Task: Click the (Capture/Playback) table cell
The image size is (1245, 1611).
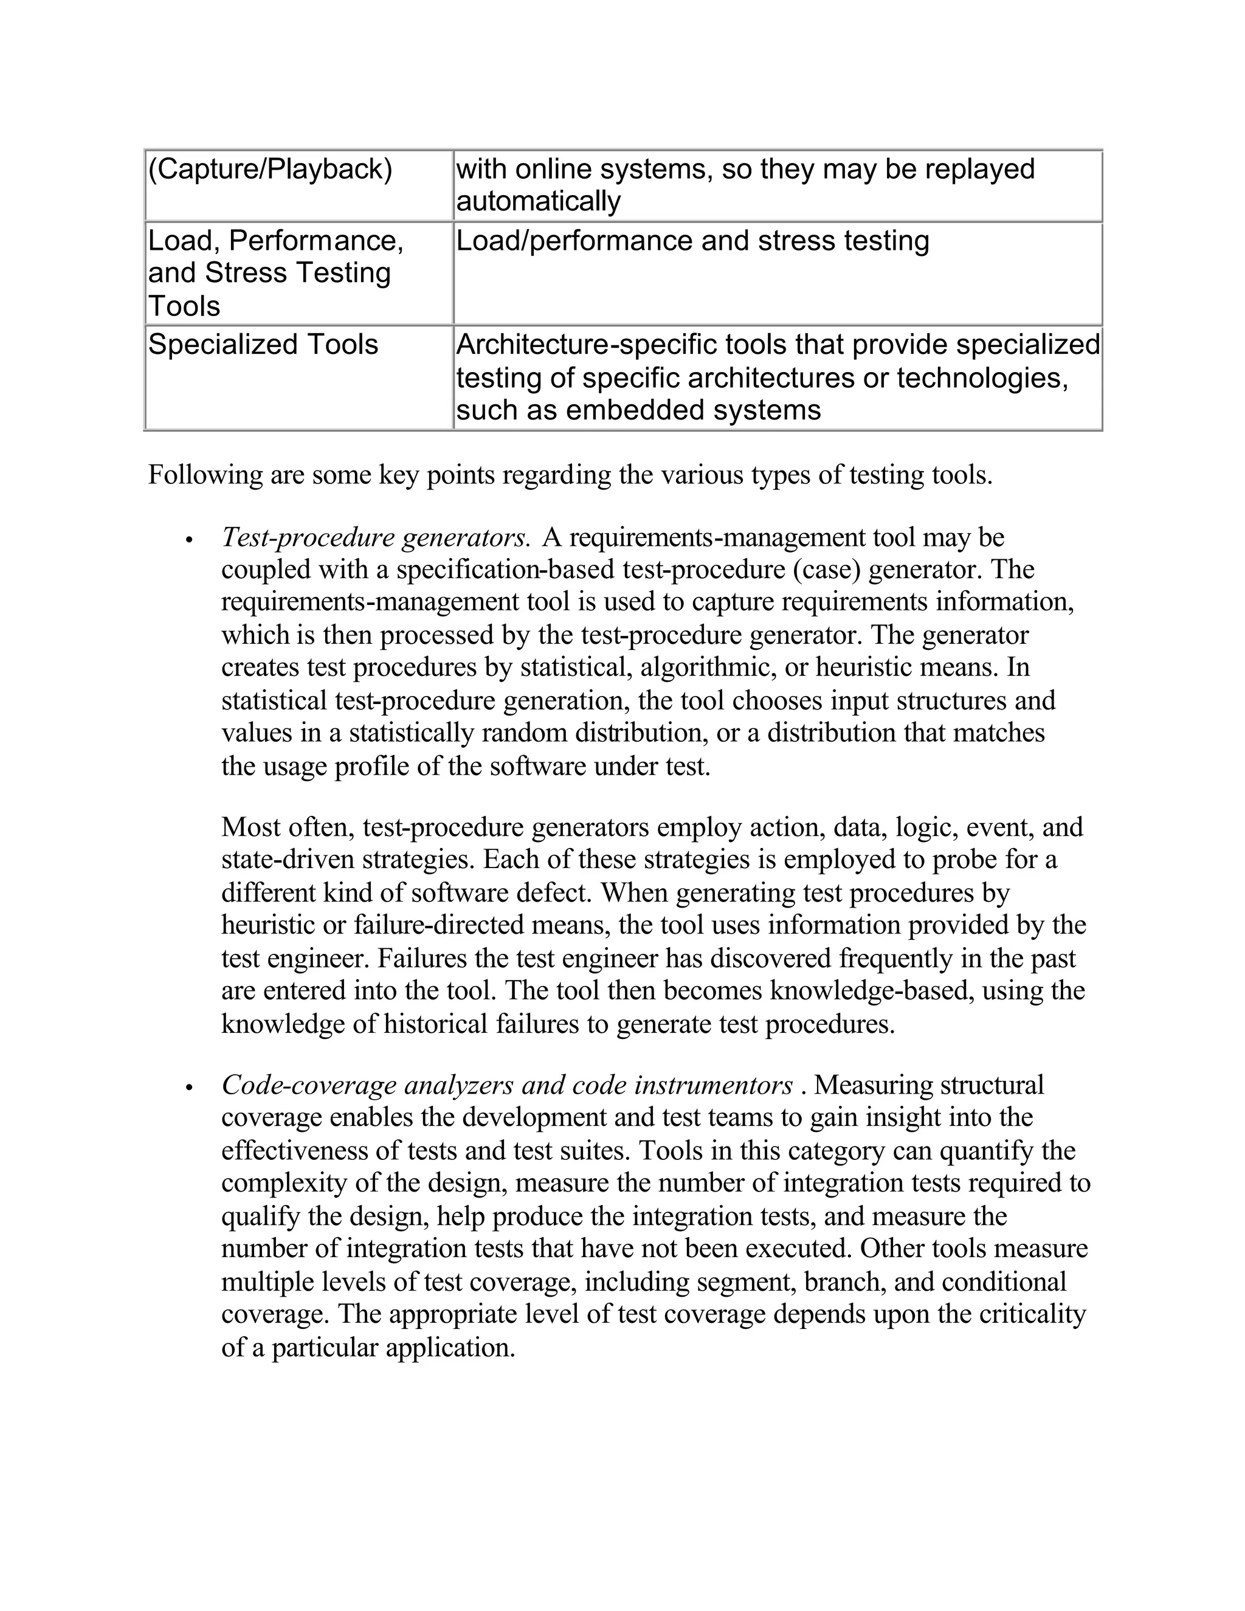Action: coord(270,170)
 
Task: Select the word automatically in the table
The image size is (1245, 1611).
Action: coord(539,201)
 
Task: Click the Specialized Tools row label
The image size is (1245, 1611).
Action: coord(263,345)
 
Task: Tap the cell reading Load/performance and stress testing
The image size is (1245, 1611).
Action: coord(692,241)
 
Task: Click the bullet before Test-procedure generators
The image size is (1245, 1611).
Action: coord(190,540)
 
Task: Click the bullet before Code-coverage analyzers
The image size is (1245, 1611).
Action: coord(190,1088)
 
